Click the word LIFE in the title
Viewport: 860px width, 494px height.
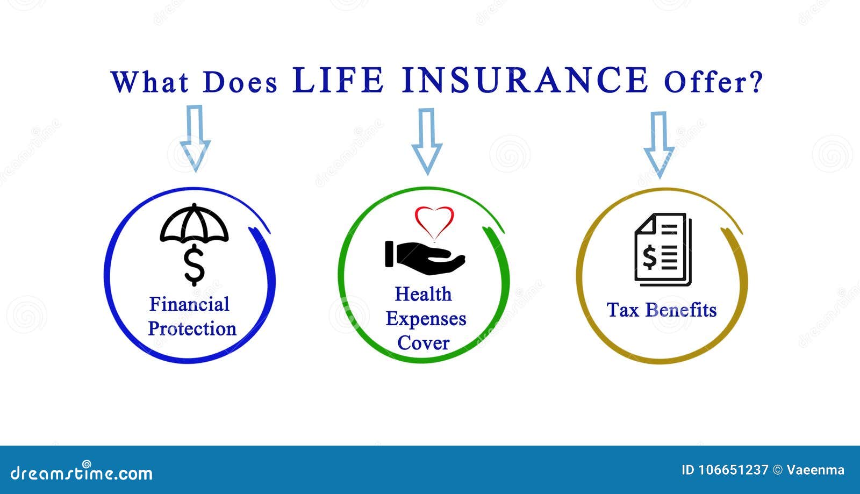point(338,80)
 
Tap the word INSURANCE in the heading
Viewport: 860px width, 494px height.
point(525,80)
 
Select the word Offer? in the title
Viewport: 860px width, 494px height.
point(713,82)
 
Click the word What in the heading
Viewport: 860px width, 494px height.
point(150,81)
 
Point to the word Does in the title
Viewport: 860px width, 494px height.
point(240,82)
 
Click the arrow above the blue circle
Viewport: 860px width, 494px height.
point(195,139)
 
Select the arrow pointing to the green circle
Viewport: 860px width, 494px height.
point(427,141)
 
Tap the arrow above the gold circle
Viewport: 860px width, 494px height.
point(659,145)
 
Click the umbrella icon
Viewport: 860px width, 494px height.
point(194,223)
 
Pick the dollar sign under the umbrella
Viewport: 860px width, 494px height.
point(194,266)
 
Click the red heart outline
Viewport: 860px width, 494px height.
point(434,223)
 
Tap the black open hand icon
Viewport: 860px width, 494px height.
point(425,257)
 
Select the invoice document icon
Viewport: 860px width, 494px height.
point(663,249)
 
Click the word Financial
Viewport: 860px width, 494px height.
point(189,304)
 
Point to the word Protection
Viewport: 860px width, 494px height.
point(192,328)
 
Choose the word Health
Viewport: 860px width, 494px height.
point(423,295)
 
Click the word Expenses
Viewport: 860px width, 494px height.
point(426,319)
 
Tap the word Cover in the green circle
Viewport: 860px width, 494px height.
point(423,343)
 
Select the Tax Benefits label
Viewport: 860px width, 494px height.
point(662,310)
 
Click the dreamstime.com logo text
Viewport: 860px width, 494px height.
point(81,472)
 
